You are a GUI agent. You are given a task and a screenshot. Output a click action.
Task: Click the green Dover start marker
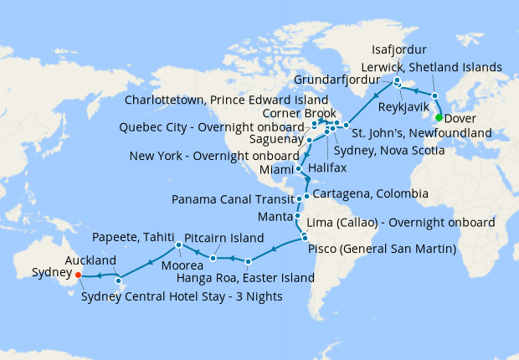coord(439,117)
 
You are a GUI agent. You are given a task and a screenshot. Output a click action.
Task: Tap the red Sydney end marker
coord(78,274)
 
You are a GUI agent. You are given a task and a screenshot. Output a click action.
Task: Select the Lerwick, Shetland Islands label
coord(430,67)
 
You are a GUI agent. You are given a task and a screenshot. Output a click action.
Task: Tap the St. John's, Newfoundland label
coord(420,132)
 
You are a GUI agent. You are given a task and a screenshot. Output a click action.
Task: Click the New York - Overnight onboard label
coord(215,156)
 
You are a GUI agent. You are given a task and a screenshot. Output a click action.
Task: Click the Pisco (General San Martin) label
coord(381,249)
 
